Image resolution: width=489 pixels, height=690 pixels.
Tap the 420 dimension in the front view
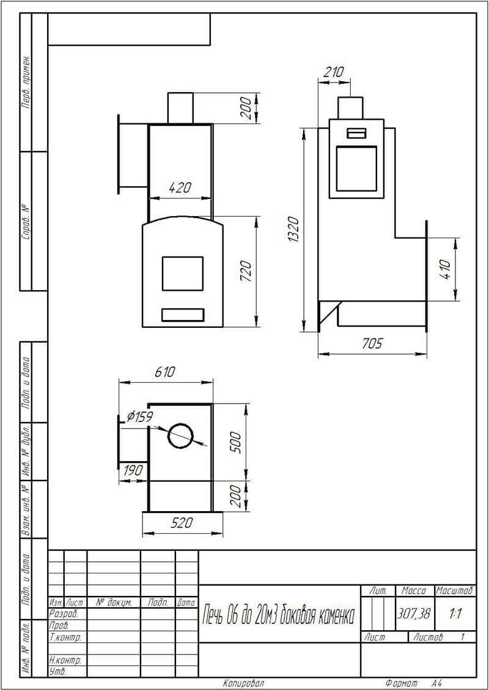(x=180, y=187)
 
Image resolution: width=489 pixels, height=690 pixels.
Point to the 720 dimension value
(x=246, y=272)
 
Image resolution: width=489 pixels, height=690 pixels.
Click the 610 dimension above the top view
(x=165, y=372)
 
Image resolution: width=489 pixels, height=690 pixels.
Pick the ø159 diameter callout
(x=139, y=416)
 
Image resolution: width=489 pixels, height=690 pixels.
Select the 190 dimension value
(x=133, y=470)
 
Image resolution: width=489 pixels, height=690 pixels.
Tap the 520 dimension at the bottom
(x=182, y=523)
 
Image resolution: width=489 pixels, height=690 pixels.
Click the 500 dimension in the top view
(x=237, y=442)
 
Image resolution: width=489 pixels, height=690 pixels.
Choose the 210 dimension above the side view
(x=333, y=72)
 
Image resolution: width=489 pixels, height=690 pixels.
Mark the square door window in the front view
(x=183, y=274)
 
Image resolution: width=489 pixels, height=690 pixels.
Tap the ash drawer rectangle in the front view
(x=183, y=314)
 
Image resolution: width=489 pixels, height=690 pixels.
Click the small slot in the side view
(x=356, y=133)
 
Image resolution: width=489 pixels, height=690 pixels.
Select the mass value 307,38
(x=414, y=614)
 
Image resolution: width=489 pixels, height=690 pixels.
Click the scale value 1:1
(x=455, y=614)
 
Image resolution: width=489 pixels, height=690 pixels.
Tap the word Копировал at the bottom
(x=244, y=683)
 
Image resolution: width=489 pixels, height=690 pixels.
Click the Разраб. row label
(x=64, y=614)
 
